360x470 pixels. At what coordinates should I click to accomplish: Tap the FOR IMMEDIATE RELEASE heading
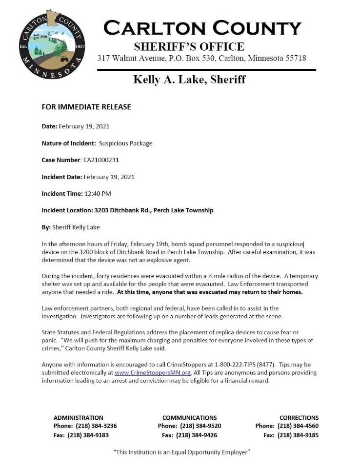click(86, 107)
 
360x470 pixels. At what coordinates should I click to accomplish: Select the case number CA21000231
click(101, 160)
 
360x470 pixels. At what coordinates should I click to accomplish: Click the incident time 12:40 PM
click(98, 193)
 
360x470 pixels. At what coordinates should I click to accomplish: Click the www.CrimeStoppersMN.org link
click(152, 372)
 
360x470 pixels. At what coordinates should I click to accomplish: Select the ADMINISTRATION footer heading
click(78, 418)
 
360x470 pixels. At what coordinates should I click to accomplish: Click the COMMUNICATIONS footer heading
click(189, 418)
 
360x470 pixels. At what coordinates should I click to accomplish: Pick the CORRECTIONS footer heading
click(299, 418)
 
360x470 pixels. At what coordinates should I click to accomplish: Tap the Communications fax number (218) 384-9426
click(197, 435)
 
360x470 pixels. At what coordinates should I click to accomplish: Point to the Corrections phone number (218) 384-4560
click(298, 426)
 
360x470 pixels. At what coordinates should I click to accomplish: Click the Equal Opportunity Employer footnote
click(181, 452)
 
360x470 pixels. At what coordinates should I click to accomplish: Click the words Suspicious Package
click(125, 143)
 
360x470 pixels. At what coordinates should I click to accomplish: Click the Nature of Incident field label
click(68, 143)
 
